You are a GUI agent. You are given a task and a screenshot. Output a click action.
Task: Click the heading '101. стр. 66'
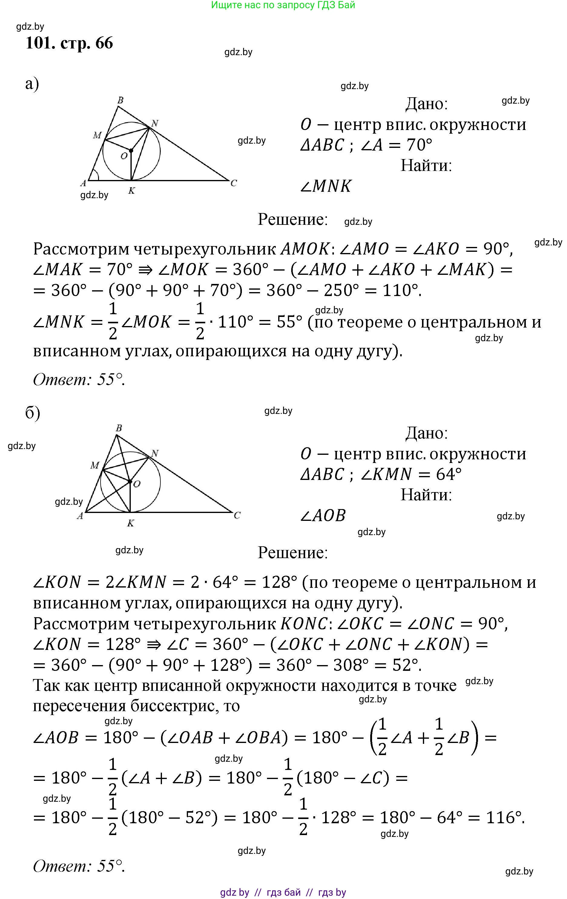[69, 43]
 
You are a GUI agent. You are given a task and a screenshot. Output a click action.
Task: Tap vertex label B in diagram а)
[120, 100]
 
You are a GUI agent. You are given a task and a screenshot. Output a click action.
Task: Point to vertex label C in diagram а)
[233, 183]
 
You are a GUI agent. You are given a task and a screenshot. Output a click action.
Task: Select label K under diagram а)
[131, 191]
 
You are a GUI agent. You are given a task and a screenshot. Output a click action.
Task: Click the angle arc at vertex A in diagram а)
[96, 175]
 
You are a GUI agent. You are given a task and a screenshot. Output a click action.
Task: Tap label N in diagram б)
[155, 453]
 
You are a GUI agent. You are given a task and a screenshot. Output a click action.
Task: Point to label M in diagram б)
[95, 465]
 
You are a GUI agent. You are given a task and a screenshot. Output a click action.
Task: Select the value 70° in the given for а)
[419, 145]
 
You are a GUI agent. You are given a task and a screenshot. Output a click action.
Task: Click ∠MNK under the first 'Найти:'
[326, 186]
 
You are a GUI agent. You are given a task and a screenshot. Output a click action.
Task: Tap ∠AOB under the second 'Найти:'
[323, 515]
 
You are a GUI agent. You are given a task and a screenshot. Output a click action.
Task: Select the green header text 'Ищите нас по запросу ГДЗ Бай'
[283, 5]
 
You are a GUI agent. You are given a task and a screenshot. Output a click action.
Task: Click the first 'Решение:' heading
[292, 219]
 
